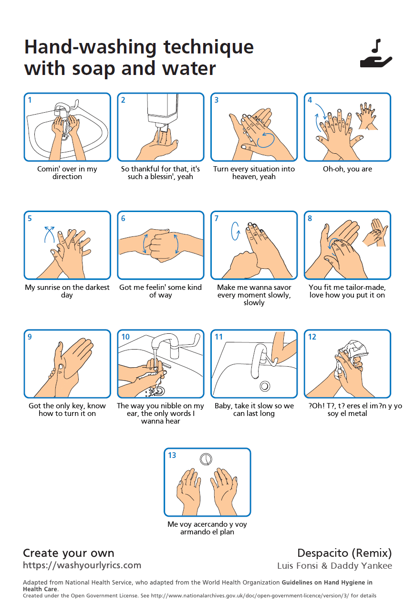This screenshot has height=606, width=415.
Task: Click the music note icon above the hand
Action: (x=376, y=46)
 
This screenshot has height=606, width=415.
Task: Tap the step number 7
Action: (x=217, y=218)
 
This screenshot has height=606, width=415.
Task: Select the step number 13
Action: (x=172, y=455)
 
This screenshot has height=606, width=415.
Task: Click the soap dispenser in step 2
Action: (x=162, y=111)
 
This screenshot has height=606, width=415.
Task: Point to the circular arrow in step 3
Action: (x=266, y=140)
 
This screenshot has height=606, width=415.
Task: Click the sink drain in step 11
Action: (x=265, y=386)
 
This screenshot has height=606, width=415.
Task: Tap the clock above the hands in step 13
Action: (x=206, y=459)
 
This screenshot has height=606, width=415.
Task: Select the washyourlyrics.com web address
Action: (x=82, y=565)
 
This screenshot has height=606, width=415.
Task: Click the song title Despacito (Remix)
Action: (x=344, y=553)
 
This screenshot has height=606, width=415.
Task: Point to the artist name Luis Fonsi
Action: (x=297, y=566)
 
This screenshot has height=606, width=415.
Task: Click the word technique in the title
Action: (x=208, y=47)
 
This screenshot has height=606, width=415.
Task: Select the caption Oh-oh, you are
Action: (x=347, y=169)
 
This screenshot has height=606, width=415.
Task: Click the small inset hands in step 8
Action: (x=375, y=233)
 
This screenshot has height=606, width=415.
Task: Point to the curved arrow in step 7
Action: (x=235, y=231)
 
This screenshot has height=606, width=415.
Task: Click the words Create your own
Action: (x=69, y=553)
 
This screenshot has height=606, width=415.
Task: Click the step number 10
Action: (x=125, y=337)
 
